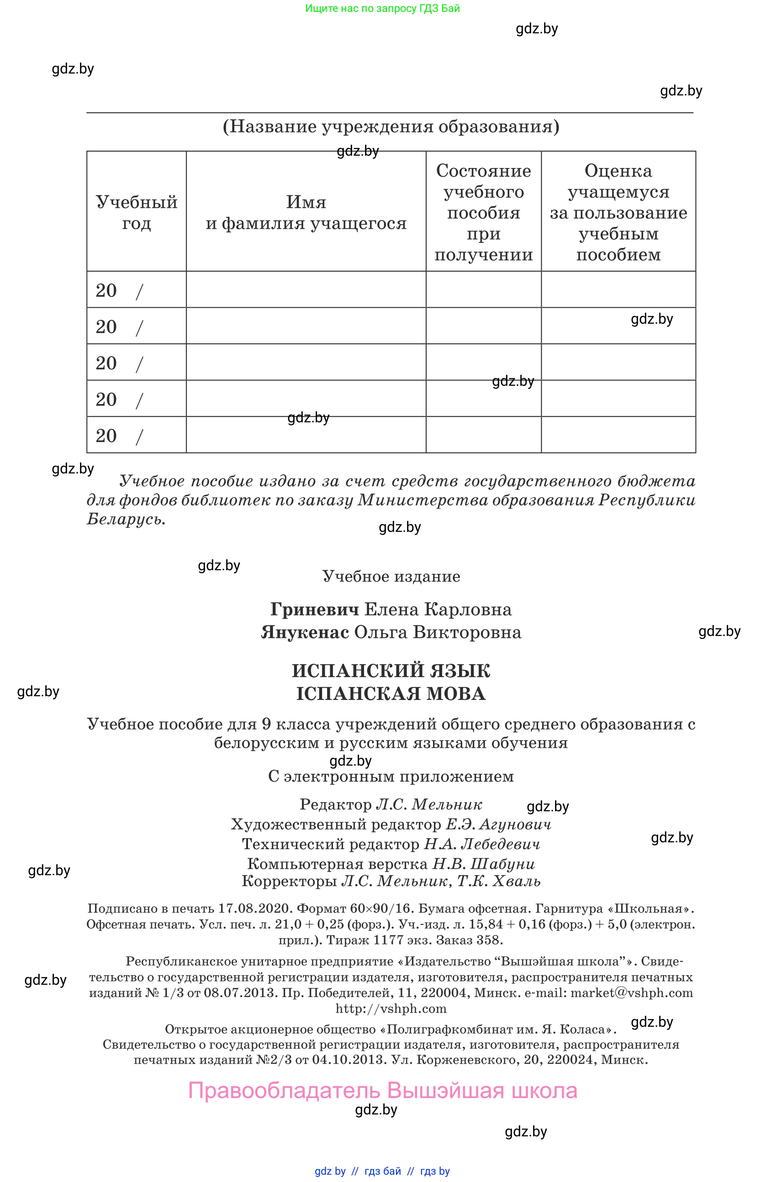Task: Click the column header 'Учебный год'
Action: point(137,213)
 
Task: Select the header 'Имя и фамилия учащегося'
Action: point(306,213)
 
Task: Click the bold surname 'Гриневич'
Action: point(314,609)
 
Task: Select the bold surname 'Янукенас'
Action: point(305,632)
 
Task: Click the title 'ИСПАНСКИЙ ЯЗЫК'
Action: point(391,671)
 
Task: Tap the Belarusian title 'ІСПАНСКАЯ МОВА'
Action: point(391,694)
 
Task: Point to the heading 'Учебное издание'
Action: point(391,576)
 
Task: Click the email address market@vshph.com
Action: point(631,993)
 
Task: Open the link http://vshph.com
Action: point(391,1009)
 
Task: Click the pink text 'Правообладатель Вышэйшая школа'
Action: point(382,1091)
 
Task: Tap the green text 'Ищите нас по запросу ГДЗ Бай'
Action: point(382,8)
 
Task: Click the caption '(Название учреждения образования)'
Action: point(391,126)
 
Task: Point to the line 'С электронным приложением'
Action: point(391,776)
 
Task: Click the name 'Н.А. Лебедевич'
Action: point(482,844)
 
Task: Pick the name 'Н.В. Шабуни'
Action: point(483,864)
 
